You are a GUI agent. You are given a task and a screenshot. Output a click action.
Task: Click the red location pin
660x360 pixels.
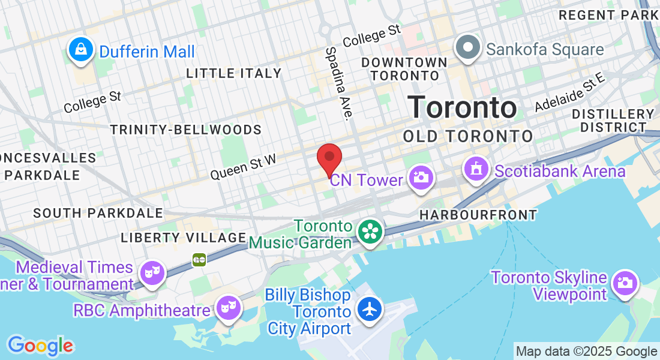(x=329, y=158)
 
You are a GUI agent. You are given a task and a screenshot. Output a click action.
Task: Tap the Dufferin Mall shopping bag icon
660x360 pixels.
(x=80, y=50)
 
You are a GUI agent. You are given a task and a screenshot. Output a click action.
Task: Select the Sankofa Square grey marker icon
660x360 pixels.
(x=467, y=47)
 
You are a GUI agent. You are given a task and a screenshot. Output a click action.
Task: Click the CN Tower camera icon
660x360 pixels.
(x=421, y=178)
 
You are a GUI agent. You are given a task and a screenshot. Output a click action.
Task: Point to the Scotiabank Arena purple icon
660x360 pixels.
(x=476, y=169)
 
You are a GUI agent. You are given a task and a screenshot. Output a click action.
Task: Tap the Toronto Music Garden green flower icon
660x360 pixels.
(x=370, y=231)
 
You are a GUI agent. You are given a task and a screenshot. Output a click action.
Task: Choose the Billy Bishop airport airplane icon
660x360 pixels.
(x=370, y=310)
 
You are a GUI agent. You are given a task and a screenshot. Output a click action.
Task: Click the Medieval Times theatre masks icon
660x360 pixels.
(x=152, y=273)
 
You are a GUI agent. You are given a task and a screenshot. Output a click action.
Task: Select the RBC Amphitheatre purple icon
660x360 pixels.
(x=229, y=308)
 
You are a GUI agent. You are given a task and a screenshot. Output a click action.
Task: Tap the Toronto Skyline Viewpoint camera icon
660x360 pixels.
(x=625, y=282)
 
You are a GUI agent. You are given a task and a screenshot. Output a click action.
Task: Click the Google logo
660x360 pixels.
(x=40, y=346)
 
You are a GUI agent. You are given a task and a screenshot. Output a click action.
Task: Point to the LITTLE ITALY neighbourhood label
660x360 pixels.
(x=233, y=73)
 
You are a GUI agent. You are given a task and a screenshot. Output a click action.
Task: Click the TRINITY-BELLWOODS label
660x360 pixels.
(x=186, y=130)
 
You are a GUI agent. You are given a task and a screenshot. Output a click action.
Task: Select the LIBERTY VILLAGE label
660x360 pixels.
(x=183, y=237)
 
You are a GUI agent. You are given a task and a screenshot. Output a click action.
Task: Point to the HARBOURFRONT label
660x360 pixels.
(x=478, y=214)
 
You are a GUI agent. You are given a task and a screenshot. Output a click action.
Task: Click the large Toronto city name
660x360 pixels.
(x=462, y=107)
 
